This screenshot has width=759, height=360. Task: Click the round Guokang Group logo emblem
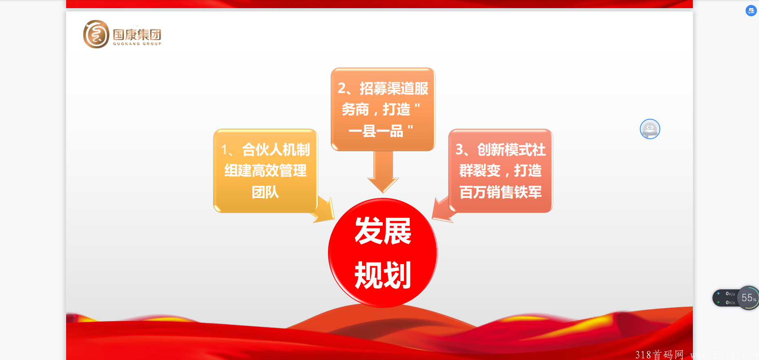tap(96, 34)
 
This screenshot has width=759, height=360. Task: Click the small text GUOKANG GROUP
tap(137, 44)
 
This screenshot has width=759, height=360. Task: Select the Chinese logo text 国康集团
tap(137, 34)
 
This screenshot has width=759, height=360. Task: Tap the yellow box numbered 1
tap(266, 171)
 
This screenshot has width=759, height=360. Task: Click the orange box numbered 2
tap(383, 109)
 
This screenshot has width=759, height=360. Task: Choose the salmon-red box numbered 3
tap(500, 171)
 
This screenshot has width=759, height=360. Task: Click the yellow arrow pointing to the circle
tap(324, 209)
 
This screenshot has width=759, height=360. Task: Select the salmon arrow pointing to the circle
tap(443, 209)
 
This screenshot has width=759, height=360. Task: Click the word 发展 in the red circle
tap(383, 231)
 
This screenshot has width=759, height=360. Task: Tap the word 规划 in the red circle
tap(383, 275)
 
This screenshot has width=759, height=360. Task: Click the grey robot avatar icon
tap(650, 129)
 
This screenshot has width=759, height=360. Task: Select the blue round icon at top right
tap(751, 11)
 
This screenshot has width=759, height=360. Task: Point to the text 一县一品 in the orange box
tap(376, 131)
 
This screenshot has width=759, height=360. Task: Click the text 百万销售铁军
tap(501, 192)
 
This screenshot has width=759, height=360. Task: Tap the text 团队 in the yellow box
tap(265, 192)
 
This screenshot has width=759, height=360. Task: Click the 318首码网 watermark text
tap(659, 354)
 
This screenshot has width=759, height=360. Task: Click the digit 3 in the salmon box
tap(459, 150)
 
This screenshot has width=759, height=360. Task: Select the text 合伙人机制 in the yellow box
tap(276, 150)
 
